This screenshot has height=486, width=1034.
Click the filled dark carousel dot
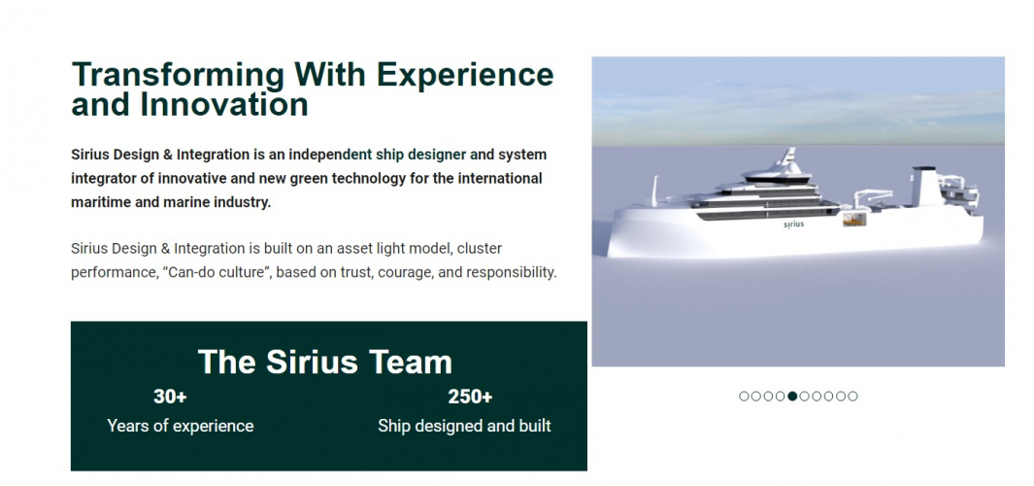(792, 396)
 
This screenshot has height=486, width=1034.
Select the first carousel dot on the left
(744, 396)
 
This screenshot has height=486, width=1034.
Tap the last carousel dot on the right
(853, 396)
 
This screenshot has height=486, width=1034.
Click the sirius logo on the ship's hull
(794, 225)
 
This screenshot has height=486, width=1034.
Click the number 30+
(170, 397)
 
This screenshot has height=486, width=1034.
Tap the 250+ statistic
(470, 397)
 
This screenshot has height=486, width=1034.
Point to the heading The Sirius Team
(325, 363)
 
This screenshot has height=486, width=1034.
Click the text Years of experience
(181, 426)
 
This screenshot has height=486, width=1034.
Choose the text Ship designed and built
(464, 426)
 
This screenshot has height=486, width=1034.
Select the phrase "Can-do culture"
(211, 272)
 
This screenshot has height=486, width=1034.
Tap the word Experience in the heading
(465, 74)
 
